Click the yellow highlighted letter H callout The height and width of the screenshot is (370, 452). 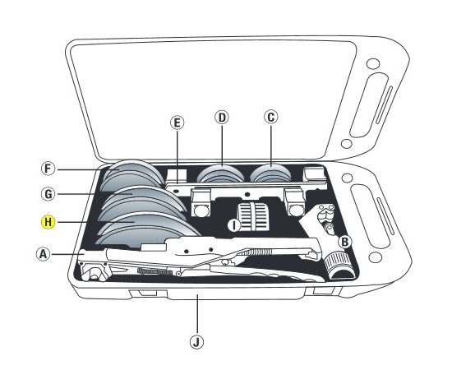(x=48, y=222)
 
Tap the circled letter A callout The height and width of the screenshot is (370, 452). (x=43, y=254)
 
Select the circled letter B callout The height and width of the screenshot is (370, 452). (x=345, y=242)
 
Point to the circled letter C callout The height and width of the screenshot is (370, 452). (x=271, y=117)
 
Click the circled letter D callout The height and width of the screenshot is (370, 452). (x=222, y=118)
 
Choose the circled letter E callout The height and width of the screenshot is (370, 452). (x=177, y=123)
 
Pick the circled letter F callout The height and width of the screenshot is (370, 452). (x=48, y=169)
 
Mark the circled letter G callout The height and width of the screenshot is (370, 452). (x=48, y=194)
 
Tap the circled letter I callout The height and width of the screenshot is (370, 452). (x=234, y=225)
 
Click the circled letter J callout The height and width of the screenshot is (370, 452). (x=197, y=342)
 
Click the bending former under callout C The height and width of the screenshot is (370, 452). (x=270, y=173)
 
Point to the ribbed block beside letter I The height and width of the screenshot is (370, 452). (x=253, y=216)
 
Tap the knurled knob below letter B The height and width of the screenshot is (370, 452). (x=338, y=265)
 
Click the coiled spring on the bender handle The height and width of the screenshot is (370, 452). (x=256, y=252)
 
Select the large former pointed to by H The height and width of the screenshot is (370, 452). (x=147, y=229)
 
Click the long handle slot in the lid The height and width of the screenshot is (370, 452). (x=369, y=105)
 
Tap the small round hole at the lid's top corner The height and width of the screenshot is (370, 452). (x=373, y=64)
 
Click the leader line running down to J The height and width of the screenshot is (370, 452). (x=197, y=314)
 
